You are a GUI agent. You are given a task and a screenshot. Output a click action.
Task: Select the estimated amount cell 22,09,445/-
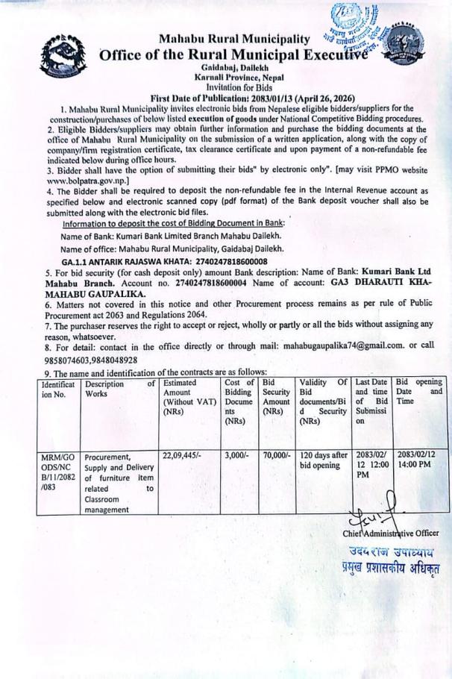point(181,454)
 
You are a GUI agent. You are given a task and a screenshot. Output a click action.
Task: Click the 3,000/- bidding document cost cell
point(236,454)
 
